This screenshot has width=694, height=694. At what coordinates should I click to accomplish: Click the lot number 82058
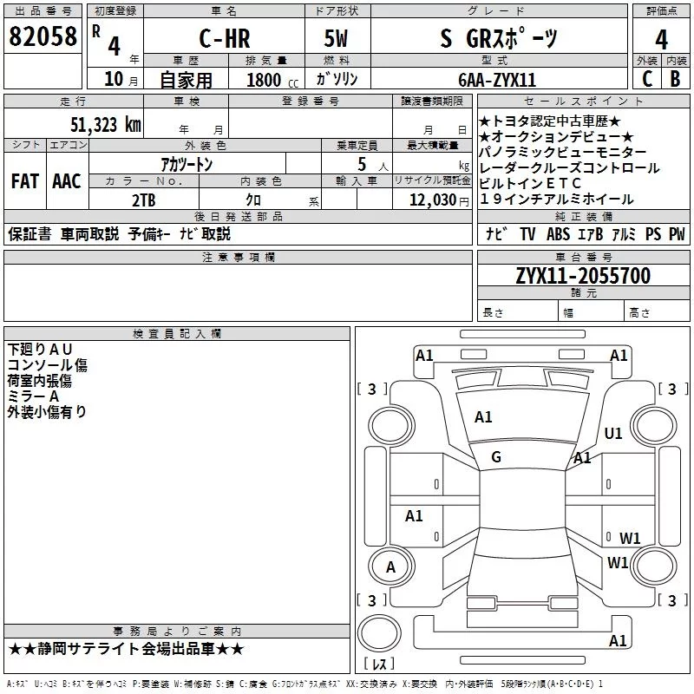pyautogui.click(x=43, y=36)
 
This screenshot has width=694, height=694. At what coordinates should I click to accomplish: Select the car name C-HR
pyautogui.click(x=225, y=38)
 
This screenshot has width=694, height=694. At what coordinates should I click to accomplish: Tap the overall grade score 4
pyautogui.click(x=661, y=40)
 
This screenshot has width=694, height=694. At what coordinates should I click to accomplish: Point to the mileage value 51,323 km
pyautogui.click(x=106, y=124)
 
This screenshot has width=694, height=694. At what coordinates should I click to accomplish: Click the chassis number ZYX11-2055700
pyautogui.click(x=583, y=276)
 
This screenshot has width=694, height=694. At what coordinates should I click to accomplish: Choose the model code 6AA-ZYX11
pyautogui.click(x=497, y=80)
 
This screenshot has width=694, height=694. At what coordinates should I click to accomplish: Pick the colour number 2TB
pyautogui.click(x=144, y=200)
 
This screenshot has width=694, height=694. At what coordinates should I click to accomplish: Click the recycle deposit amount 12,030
pyautogui.click(x=433, y=200)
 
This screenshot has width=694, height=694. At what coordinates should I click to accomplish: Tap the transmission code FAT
pyautogui.click(x=25, y=181)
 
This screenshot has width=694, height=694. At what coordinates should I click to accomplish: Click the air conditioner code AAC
pyautogui.click(x=67, y=181)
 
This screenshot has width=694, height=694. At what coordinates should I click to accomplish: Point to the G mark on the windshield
pyautogui.click(x=496, y=457)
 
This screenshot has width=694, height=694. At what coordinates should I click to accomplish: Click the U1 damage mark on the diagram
pyautogui.click(x=613, y=433)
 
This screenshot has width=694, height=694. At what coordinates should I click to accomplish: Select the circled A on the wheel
pyautogui.click(x=391, y=567)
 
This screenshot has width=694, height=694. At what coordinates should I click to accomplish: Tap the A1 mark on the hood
pyautogui.click(x=483, y=417)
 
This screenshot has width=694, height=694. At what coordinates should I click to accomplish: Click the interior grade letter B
pyautogui.click(x=675, y=79)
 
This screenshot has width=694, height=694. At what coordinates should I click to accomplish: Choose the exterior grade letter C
pyautogui.click(x=647, y=79)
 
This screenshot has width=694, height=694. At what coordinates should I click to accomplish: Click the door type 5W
pyautogui.click(x=336, y=38)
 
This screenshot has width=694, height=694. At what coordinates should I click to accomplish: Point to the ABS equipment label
pyautogui.click(x=558, y=233)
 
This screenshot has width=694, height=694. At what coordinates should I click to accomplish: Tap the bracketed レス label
pyautogui.click(x=379, y=663)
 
